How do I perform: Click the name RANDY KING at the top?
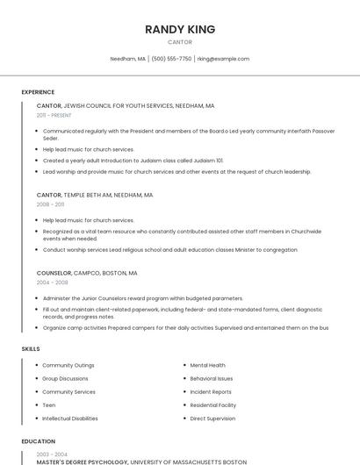tap(179, 29)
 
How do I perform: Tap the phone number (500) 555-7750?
tap(171, 59)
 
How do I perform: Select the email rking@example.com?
tap(223, 59)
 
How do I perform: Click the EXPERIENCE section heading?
tap(38, 92)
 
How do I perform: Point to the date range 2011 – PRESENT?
tap(54, 115)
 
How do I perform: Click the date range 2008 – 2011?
tap(50, 204)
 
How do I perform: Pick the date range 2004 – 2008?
tap(52, 283)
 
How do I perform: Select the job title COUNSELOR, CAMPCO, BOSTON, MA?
tap(87, 273)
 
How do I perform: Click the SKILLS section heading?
tap(31, 349)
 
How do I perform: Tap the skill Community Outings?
tap(68, 365)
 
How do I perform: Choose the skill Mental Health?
tap(207, 365)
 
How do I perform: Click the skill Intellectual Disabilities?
tap(70, 418)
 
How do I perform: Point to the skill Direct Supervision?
tap(212, 418)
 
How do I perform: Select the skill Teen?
tap(49, 405)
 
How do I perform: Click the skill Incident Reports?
tap(211, 392)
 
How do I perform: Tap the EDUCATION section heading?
tap(38, 442)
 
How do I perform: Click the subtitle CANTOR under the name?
tap(179, 42)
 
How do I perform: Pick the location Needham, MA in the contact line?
tap(128, 59)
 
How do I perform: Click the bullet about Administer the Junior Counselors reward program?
tap(143, 298)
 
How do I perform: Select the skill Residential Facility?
tap(213, 405)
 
